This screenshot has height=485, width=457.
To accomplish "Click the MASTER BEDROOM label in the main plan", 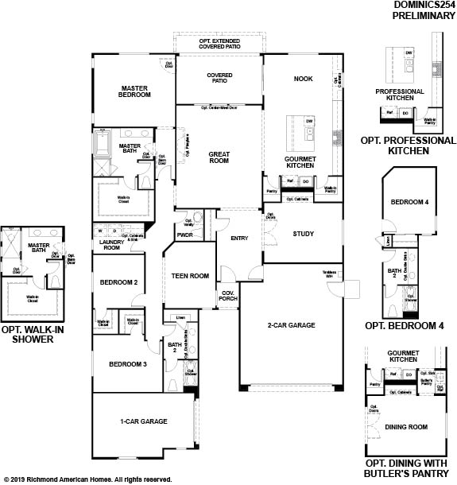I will (135, 91).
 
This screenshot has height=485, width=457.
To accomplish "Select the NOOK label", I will (303, 79).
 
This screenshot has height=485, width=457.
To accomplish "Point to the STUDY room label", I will (303, 234).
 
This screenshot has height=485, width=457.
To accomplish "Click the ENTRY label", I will (239, 238).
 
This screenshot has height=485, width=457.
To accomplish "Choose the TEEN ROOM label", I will (190, 276).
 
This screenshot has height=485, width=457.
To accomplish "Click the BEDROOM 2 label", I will (118, 282).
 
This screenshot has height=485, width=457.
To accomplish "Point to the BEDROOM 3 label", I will (127, 363).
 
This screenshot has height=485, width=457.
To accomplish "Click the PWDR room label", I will (185, 235).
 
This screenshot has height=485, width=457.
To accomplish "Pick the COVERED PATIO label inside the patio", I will (219, 78).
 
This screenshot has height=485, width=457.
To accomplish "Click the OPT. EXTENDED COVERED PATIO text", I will (219, 43).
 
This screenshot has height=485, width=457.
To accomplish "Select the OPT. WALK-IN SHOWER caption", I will (33, 334).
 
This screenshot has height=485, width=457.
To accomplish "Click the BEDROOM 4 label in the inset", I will (409, 203).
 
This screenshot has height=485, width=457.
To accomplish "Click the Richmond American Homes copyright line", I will (87, 479).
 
